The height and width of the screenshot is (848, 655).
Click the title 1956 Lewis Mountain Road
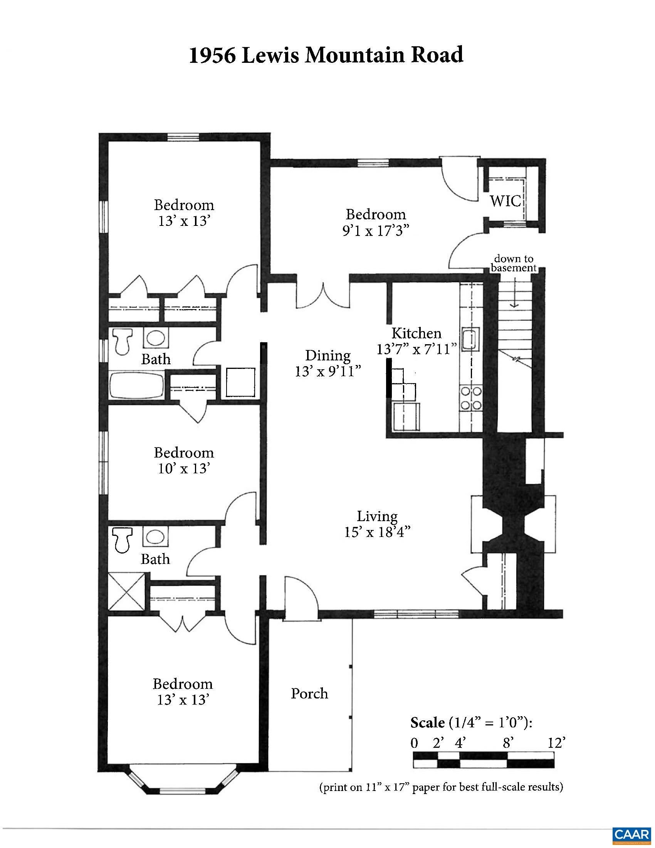pyautogui.click(x=326, y=55)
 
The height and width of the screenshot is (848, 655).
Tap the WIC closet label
pyautogui.click(x=505, y=201)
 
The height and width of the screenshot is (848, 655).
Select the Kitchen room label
pyautogui.click(x=417, y=333)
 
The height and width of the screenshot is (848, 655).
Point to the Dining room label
pyautogui.click(x=328, y=355)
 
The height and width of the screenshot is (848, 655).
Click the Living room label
pyautogui.click(x=377, y=517)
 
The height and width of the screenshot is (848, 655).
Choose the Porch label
pyautogui.click(x=310, y=693)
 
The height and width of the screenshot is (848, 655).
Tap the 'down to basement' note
pyautogui.click(x=513, y=263)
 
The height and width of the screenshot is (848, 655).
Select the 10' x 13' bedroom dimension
pyautogui.click(x=184, y=469)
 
